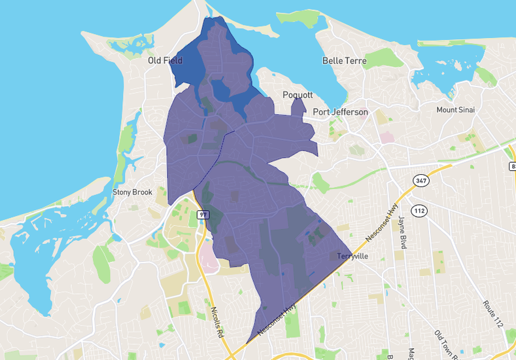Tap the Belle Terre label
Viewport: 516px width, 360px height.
click(344, 61)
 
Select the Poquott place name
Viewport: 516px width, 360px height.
click(298, 95)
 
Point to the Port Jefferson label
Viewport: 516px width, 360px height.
click(340, 112)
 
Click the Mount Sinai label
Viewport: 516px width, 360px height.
click(456, 109)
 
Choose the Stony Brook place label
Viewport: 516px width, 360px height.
click(132, 192)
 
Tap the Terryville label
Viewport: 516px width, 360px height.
click(354, 257)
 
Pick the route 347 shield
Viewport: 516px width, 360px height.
click(421, 180)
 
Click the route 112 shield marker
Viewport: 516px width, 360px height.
click(419, 210)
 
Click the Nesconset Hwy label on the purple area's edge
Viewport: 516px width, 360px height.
click(277, 320)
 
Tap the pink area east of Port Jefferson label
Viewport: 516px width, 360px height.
click(388, 138)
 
